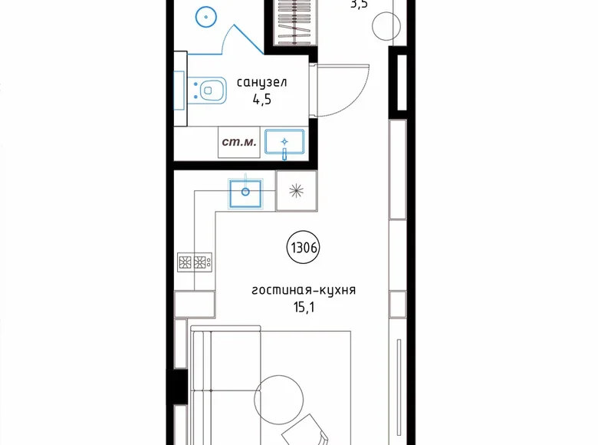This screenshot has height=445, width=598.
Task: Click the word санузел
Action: pyautogui.click(x=261, y=82)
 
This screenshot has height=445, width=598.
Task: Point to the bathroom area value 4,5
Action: pyautogui.click(x=261, y=98)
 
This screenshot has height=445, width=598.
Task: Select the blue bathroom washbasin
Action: pyautogui.click(x=284, y=143)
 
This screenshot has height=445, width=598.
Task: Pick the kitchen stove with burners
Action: pyautogui.click(x=195, y=262)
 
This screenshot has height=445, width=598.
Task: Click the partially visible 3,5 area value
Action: pyautogui.click(x=360, y=4)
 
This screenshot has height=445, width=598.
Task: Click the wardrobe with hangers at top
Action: pyautogui.click(x=294, y=23)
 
